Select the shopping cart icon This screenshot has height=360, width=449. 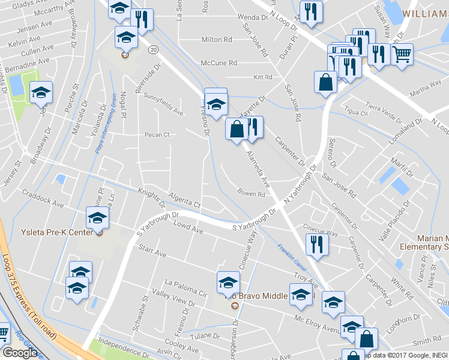click(x=402, y=55)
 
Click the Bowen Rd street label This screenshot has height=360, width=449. click(x=251, y=194)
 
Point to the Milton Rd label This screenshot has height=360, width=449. click(x=217, y=40)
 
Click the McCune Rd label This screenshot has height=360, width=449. click(x=218, y=62)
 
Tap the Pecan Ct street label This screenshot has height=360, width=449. click(x=157, y=135)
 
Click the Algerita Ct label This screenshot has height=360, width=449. click(x=184, y=202)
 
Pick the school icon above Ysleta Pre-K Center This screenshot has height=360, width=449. click(x=97, y=218)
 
